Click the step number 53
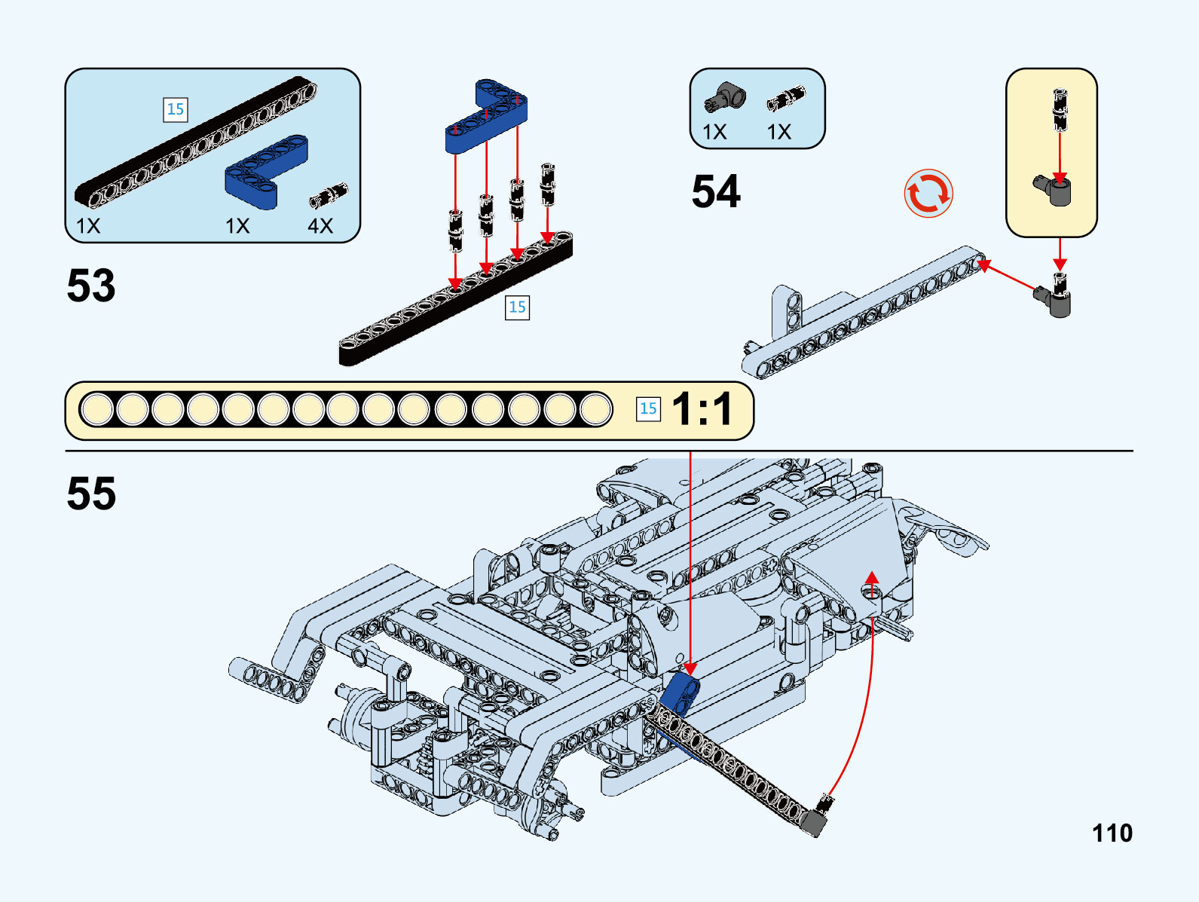(91, 286)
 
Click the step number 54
(716, 191)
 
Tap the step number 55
(91, 494)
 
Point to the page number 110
(1112, 833)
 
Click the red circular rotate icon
(928, 194)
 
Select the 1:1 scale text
(702, 409)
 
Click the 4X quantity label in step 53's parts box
(320, 226)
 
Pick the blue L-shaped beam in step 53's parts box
(264, 172)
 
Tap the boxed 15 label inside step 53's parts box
(175, 110)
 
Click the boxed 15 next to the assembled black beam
(517, 307)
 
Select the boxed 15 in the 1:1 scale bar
(648, 409)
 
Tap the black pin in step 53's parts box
(329, 196)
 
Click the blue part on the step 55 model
(681, 692)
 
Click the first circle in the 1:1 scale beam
(97, 410)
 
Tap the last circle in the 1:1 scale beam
(595, 410)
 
